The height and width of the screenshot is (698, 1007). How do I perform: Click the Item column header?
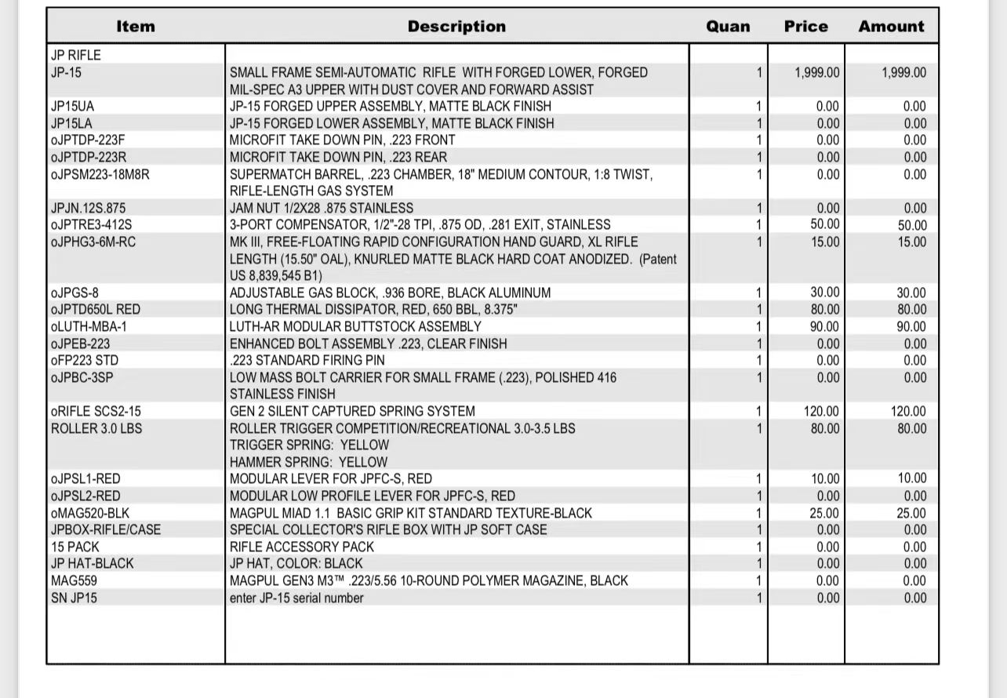click(136, 27)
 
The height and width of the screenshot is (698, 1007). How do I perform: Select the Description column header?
click(456, 27)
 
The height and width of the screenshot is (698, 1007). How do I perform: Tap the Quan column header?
click(728, 27)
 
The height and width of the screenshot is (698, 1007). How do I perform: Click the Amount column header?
click(891, 27)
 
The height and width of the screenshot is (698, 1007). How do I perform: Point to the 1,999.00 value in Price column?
click(816, 73)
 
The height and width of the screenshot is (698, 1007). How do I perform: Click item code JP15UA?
click(73, 107)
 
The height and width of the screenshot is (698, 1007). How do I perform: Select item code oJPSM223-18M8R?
click(100, 174)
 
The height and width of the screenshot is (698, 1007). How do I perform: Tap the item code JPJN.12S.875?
click(88, 208)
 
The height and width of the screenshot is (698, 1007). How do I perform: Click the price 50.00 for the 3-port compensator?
click(824, 225)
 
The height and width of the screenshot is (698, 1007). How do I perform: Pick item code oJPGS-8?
click(75, 293)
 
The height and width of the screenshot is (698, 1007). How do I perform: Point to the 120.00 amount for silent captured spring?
click(908, 412)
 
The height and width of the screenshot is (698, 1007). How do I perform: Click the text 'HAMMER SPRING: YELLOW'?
click(308, 463)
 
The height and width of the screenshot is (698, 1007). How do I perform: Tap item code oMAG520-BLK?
click(90, 514)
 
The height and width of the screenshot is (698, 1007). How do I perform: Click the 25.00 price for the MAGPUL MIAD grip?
click(824, 514)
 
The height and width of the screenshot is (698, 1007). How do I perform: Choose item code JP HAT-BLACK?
click(93, 564)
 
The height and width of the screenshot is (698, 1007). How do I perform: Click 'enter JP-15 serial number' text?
click(296, 598)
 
